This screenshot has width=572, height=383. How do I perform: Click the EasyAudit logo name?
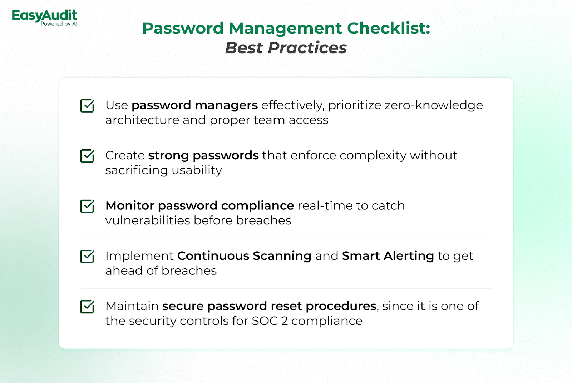(44, 16)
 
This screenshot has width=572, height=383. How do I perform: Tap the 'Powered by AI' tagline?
(59, 24)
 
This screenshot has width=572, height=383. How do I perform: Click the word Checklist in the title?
(388, 28)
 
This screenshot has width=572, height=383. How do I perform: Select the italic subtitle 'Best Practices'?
(286, 48)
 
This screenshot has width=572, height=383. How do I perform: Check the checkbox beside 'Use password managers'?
(87, 106)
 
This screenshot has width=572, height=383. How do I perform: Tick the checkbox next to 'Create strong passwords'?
(87, 156)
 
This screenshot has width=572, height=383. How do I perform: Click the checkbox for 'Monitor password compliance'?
(87, 206)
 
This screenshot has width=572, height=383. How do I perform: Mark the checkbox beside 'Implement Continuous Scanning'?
(87, 257)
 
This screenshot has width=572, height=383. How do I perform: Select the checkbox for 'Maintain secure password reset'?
(87, 307)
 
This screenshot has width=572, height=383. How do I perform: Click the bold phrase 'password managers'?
(194, 105)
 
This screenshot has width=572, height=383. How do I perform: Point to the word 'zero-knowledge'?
(434, 105)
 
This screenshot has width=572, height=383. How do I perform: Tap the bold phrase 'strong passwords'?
(203, 156)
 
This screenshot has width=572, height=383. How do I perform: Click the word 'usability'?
(197, 170)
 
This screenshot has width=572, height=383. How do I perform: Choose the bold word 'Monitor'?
(130, 206)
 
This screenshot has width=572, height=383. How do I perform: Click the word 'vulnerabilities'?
(148, 220)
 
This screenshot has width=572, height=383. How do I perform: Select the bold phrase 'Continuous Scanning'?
(245, 256)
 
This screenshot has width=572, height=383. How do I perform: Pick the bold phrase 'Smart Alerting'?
(388, 256)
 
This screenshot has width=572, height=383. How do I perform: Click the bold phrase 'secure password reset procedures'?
(270, 306)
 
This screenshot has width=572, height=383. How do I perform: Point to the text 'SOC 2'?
(270, 321)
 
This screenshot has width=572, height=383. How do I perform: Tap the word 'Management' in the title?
(285, 29)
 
